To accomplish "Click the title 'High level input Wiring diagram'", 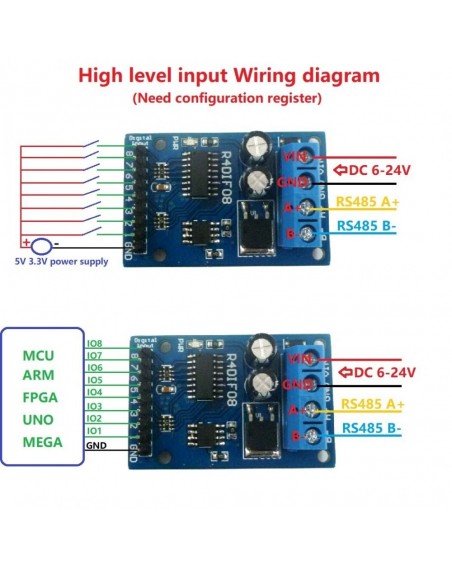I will click(x=228, y=75).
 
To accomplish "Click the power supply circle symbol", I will click(x=41, y=244).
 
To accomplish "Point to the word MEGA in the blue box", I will click(x=43, y=441).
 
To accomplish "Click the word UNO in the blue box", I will click(x=43, y=420).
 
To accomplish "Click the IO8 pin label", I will click(x=96, y=343).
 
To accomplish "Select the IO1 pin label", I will click(x=96, y=431).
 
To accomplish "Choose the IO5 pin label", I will click(x=96, y=381).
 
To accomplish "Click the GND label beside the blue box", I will click(x=96, y=445).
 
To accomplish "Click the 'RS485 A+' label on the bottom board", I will click(x=372, y=404).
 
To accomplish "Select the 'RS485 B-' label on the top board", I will click(x=371, y=225).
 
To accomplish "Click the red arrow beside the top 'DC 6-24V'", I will click(x=341, y=168).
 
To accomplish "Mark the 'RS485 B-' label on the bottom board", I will click(x=372, y=428).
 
